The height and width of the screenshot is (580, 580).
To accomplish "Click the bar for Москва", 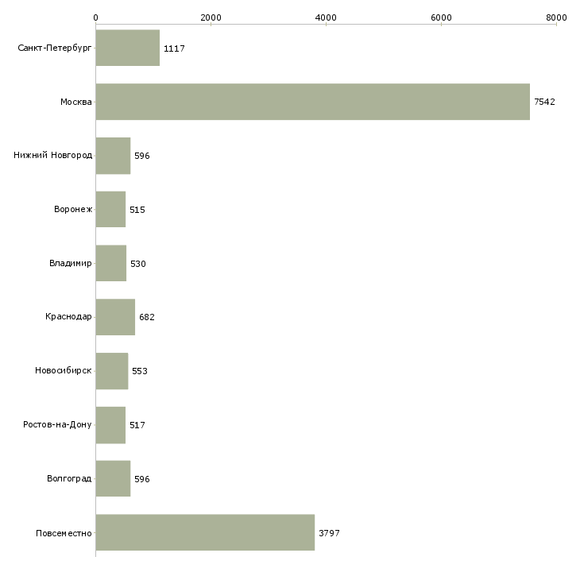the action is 312,102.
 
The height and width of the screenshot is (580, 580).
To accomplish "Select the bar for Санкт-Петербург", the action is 128,48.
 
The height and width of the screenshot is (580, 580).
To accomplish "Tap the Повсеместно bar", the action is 205,532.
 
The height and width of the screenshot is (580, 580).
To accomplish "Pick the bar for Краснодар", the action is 115,317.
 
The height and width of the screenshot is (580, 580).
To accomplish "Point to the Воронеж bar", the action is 110,210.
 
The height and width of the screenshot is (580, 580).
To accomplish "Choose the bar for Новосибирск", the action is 112,371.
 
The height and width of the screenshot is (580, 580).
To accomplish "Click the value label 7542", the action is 544,102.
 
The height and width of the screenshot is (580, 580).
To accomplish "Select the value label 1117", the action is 174,48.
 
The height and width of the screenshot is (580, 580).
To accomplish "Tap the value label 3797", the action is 329,533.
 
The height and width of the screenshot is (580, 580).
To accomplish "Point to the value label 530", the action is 138,264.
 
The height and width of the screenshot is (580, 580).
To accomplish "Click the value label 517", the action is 137,425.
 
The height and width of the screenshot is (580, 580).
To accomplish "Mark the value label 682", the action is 147,317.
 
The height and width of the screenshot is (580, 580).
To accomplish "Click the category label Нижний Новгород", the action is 53,155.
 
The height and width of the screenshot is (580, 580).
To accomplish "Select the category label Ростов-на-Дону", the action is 57,424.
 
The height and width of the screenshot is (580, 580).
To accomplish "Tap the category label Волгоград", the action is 69,478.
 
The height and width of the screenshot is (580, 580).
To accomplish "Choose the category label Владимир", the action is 70,263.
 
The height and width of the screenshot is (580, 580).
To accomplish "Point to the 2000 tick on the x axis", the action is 211,17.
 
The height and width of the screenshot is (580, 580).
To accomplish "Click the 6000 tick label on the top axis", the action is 441,17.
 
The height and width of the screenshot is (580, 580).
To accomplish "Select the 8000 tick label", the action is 556,17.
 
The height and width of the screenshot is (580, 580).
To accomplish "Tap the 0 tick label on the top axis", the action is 96,17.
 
